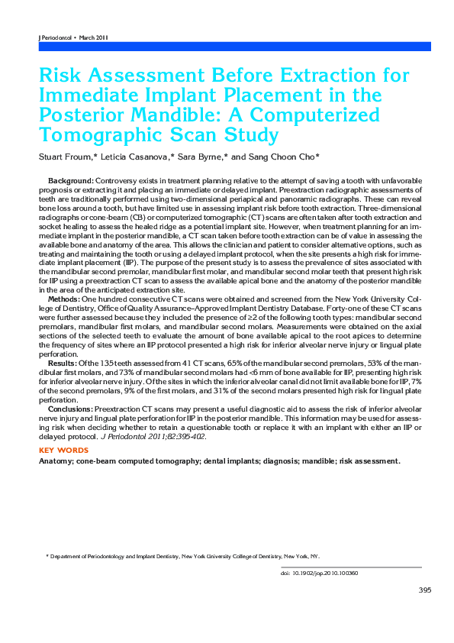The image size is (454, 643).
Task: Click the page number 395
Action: point(425,590)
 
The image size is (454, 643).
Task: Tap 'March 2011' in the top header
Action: point(92,37)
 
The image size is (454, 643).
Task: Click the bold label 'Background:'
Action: point(70,178)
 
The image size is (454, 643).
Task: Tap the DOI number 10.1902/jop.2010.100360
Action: point(324,573)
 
